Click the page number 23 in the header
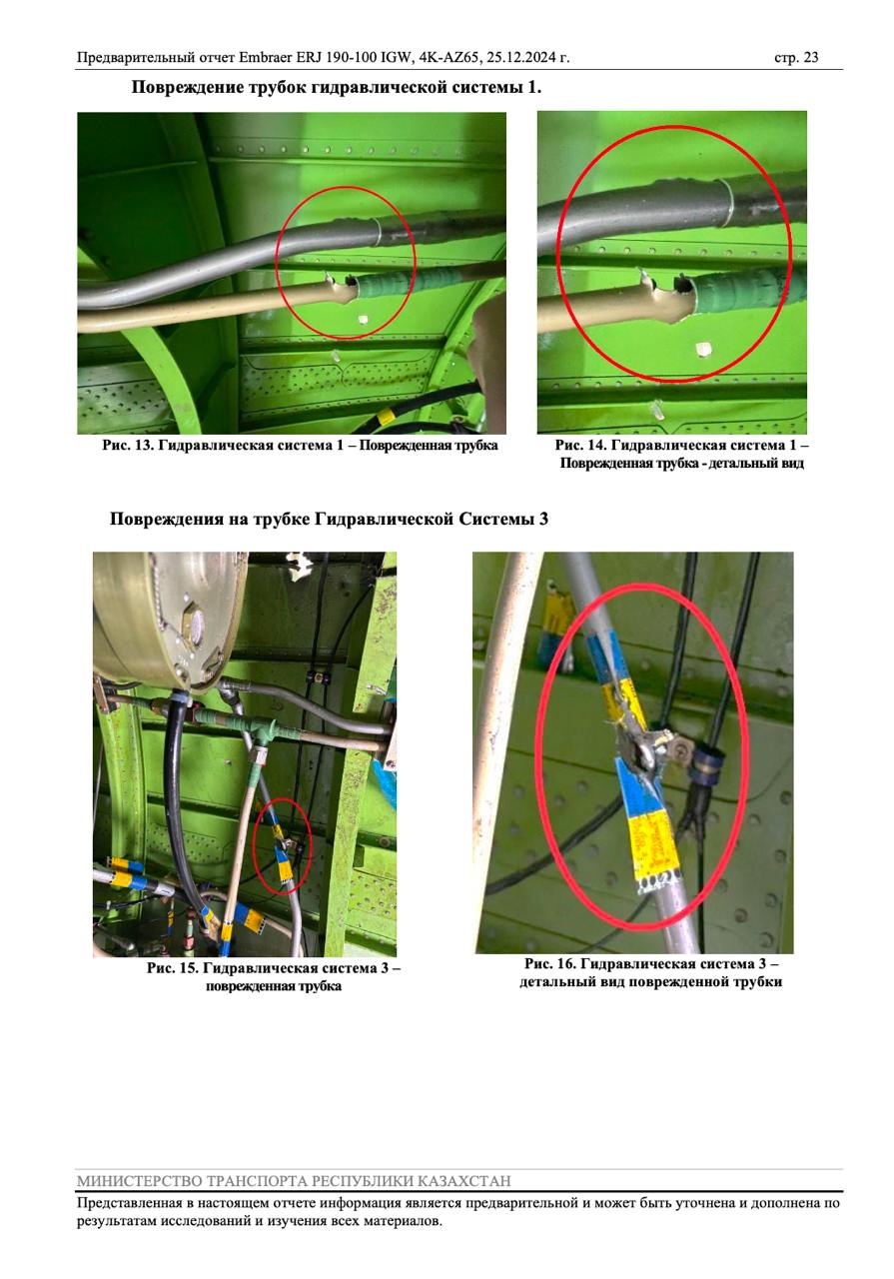coord(811,58)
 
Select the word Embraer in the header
coord(266,58)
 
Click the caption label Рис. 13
coord(128,446)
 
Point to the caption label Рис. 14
coord(580,446)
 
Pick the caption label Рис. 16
coord(549,964)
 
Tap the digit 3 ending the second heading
coord(543,519)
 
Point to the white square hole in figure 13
coord(363,319)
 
